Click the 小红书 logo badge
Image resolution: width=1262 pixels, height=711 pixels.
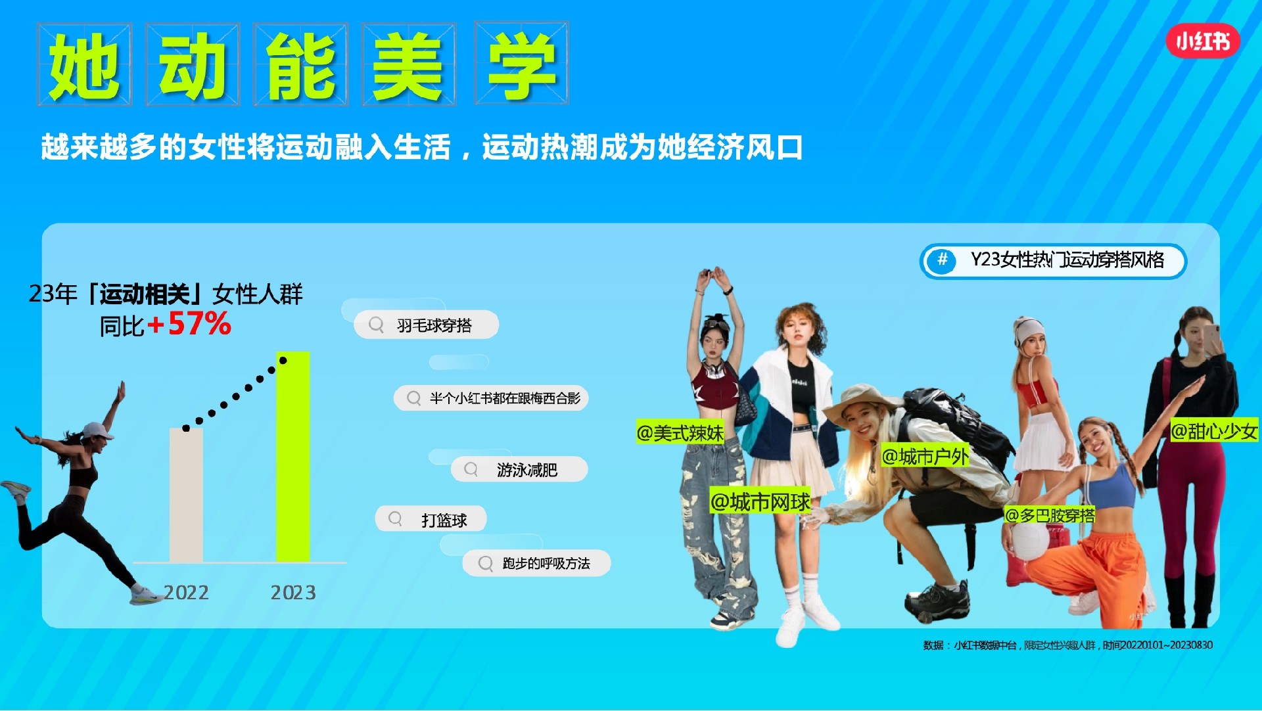[x=1203, y=41]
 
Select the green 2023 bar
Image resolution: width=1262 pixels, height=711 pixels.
[x=292, y=457]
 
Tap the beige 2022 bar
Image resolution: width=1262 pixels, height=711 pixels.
[x=186, y=495]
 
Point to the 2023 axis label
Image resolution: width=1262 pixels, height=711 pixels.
[x=293, y=593]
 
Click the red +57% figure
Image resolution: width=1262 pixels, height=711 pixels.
[x=189, y=324]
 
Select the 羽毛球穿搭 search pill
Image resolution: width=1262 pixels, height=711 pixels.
[x=426, y=325]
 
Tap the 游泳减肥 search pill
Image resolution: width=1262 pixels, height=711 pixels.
[x=519, y=469]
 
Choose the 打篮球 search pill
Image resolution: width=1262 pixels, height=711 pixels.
[x=431, y=519]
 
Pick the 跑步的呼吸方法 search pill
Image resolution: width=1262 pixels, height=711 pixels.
[x=536, y=563]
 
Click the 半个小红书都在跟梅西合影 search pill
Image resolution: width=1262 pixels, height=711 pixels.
[x=491, y=398]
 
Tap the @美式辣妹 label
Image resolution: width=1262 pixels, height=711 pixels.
[x=680, y=433]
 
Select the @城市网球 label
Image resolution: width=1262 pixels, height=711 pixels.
[x=760, y=502]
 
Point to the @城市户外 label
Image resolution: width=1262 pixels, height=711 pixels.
[x=925, y=455]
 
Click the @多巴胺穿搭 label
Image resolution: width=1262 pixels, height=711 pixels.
[x=1050, y=515]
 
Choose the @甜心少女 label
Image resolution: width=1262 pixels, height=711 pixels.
[x=1214, y=431]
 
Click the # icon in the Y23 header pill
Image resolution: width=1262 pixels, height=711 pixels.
[x=942, y=260]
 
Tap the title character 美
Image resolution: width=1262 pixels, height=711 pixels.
[x=409, y=65]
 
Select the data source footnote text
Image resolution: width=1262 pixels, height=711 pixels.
[x=1067, y=645]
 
